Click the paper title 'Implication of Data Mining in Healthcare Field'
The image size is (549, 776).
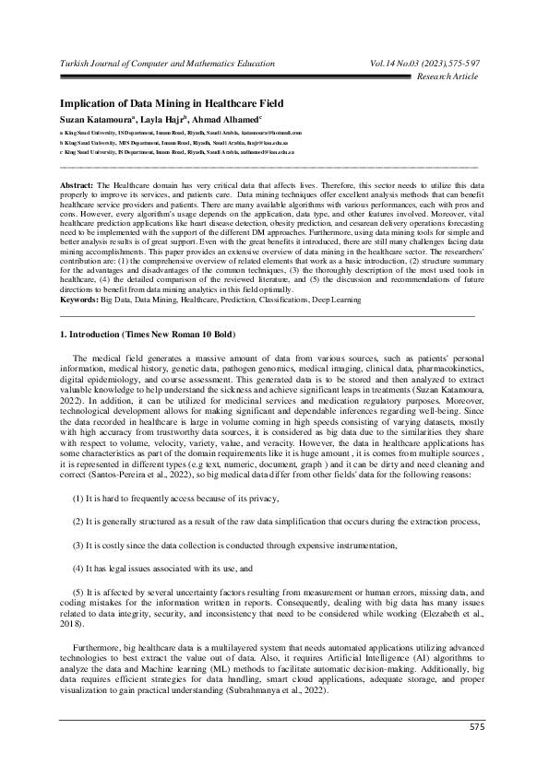click(x=171, y=103)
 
